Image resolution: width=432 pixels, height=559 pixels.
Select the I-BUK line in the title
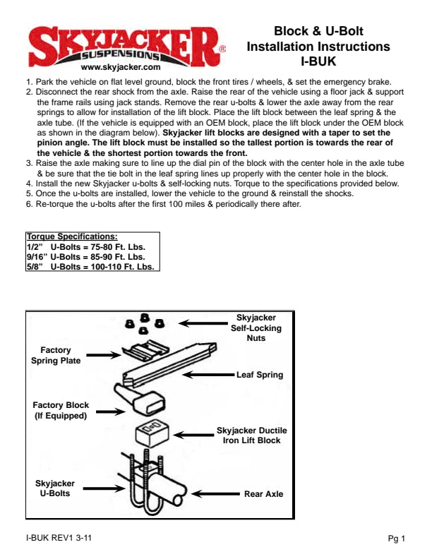(318, 61)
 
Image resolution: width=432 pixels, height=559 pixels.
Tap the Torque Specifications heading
(71, 236)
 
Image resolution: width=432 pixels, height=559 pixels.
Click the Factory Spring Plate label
(56, 355)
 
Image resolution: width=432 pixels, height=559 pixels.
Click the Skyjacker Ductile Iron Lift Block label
(252, 435)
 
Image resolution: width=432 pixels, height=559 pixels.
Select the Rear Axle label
(263, 494)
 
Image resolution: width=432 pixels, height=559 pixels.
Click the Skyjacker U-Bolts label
(55, 488)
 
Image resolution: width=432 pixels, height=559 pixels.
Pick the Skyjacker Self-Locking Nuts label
(256, 328)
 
